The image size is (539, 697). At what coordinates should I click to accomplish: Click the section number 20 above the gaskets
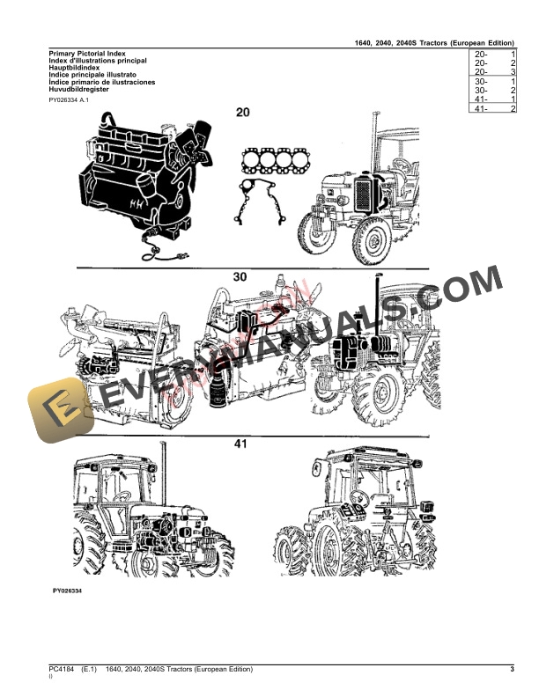(x=242, y=113)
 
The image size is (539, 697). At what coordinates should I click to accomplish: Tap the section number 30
(x=240, y=276)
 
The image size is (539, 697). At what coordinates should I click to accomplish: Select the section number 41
(x=240, y=444)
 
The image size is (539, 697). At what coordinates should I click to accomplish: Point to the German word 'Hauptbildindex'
(x=74, y=68)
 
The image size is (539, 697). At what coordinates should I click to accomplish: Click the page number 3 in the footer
(x=512, y=671)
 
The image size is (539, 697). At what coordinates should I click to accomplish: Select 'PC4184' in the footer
(x=62, y=671)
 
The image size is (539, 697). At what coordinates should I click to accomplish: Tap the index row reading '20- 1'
(x=494, y=55)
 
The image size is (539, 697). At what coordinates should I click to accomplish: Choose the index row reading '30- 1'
(x=494, y=81)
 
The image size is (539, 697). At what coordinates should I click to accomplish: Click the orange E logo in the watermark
(x=58, y=407)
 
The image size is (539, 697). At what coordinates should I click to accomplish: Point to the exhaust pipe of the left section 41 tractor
(x=163, y=475)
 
